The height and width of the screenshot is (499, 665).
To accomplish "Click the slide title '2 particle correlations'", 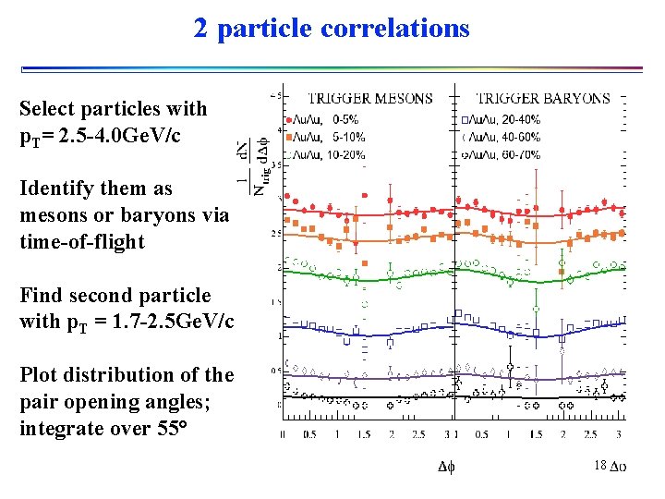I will coord(332,28).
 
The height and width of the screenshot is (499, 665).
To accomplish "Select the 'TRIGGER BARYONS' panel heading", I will coord(542,98).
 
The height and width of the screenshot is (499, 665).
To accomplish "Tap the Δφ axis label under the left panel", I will coord(445,468).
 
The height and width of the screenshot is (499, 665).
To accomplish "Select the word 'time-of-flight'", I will coord(82,242).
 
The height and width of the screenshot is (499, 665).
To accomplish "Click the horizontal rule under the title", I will coord(332,68).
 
